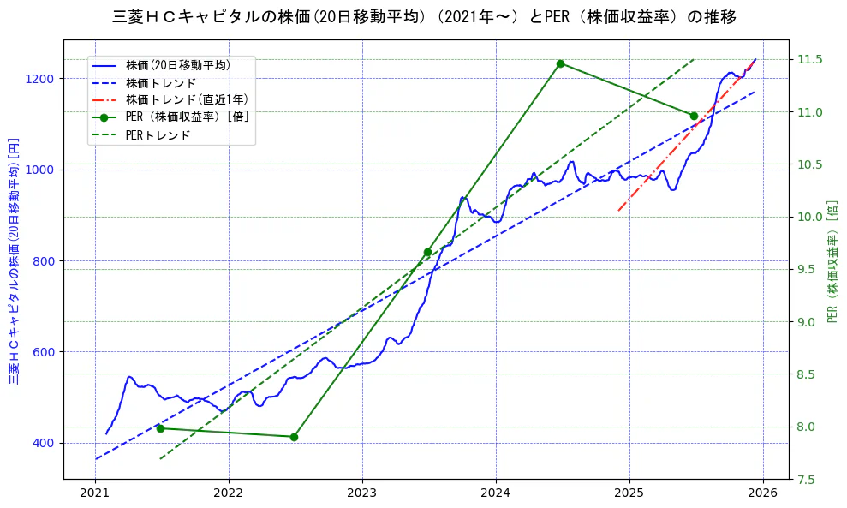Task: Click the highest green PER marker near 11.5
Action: pyautogui.click(x=560, y=63)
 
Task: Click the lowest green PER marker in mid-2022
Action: pyautogui.click(x=294, y=437)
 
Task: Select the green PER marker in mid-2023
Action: pyautogui.click(x=427, y=252)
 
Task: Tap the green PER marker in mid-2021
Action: pyautogui.click(x=160, y=428)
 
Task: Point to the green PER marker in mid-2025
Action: pyautogui.click(x=694, y=116)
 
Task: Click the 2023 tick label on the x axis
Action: pyautogui.click(x=362, y=493)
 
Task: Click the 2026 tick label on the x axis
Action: pyautogui.click(x=763, y=493)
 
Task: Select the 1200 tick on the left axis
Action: pyautogui.click(x=42, y=79)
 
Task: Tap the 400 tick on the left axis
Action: pyautogui.click(x=45, y=443)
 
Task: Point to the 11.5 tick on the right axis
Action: pyautogui.click(x=810, y=59)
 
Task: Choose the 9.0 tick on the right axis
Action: pyautogui.click(x=808, y=322)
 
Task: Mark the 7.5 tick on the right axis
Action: pyautogui.click(x=808, y=480)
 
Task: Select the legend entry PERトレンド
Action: pyautogui.click(x=158, y=135)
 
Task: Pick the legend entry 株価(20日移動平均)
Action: pyautogui.click(x=177, y=65)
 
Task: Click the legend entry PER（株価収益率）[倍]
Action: pyautogui.click(x=187, y=117)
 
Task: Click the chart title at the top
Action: pyautogui.click(x=423, y=17)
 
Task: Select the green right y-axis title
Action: pyautogui.click(x=832, y=260)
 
